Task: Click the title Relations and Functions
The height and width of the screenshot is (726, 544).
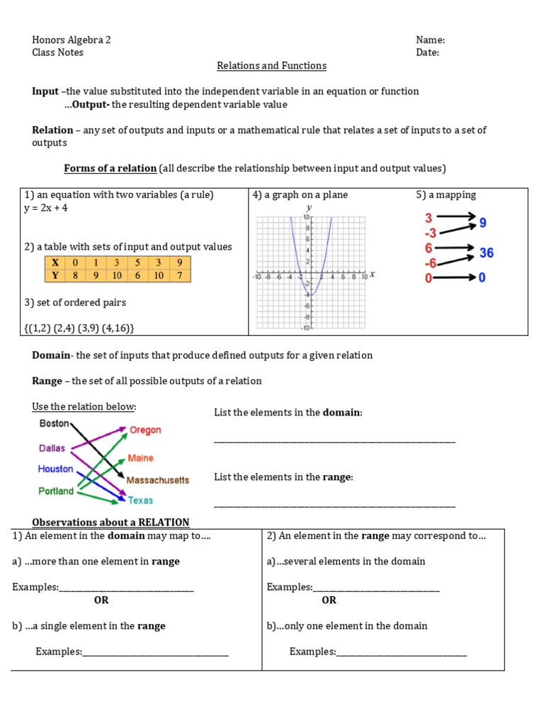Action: (271, 66)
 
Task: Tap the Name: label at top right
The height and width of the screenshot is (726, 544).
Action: (430, 40)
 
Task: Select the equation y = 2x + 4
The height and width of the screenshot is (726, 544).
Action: (46, 208)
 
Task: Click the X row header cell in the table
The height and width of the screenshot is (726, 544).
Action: (54, 262)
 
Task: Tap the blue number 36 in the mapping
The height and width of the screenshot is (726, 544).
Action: (486, 253)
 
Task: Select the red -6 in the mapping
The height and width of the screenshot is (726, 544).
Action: (430, 263)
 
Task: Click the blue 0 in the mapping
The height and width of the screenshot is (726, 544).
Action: (482, 278)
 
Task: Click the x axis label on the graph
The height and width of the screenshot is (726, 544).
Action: (372, 274)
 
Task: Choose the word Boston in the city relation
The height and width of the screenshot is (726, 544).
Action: (54, 423)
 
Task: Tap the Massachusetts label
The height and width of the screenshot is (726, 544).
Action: (157, 480)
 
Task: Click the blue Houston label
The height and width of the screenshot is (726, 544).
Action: (55, 469)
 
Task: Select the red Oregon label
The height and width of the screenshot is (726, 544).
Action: (145, 430)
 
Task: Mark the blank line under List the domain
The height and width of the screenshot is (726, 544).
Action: (334, 441)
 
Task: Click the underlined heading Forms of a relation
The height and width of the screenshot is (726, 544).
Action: (110, 168)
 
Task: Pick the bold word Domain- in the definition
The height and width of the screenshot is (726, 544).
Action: (52, 355)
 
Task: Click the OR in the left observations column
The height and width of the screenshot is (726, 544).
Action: (101, 600)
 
